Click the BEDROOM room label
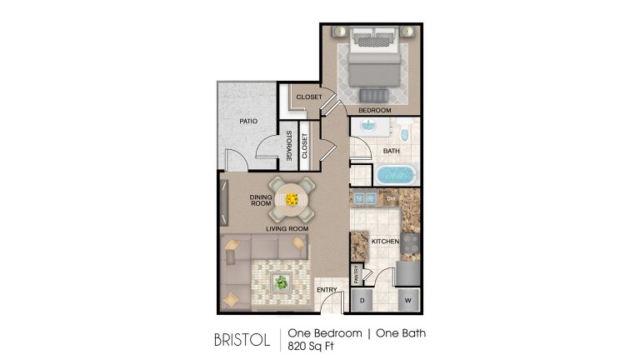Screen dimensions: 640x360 coord(375,110)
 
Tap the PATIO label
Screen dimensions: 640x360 coord(248,121)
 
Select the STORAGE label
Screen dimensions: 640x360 coord(289,146)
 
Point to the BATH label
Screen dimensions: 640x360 coord(391,151)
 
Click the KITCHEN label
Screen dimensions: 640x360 coord(385,241)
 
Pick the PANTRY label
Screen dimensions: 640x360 coord(357,274)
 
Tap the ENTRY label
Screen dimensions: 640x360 coord(327,290)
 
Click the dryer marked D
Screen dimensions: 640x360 coord(362,300)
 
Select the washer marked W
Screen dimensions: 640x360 coord(408,300)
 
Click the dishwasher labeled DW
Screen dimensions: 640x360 coord(391,199)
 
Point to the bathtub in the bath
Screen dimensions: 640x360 coord(396,174)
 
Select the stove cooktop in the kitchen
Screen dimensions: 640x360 coord(410,243)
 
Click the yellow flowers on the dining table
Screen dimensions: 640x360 coord(292,200)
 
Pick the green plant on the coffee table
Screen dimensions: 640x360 coord(281,282)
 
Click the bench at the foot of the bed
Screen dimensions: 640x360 coord(374,96)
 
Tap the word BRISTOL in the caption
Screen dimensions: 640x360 coord(242,340)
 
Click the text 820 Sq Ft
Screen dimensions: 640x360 coord(311,346)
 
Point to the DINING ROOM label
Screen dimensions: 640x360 coord(261,200)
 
